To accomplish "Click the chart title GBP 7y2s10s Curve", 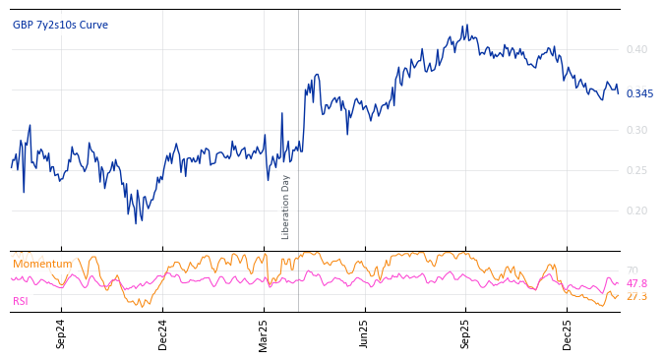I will click(x=60, y=25).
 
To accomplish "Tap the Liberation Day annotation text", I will click(x=286, y=207).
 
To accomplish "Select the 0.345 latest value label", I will click(x=639, y=93).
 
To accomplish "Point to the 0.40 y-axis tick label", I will click(x=636, y=49).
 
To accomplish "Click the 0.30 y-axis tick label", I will click(x=636, y=130).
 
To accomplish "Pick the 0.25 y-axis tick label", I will click(x=636, y=170).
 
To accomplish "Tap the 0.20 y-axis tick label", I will click(x=636, y=210).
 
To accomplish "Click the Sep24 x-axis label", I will click(x=61, y=334).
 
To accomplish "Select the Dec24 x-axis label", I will click(x=163, y=334).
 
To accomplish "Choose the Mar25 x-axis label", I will click(x=264, y=334).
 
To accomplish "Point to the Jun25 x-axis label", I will click(x=364, y=334).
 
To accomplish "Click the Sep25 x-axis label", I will click(x=465, y=334).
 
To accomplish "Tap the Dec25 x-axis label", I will click(x=567, y=334).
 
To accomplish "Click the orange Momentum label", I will click(x=42, y=264).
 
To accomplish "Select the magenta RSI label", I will click(x=21, y=301).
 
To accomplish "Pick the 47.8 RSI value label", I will click(x=636, y=283).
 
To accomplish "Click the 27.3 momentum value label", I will click(x=636, y=296).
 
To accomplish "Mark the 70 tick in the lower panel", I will click(x=632, y=270).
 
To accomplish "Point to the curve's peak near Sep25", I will click(x=466, y=26).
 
